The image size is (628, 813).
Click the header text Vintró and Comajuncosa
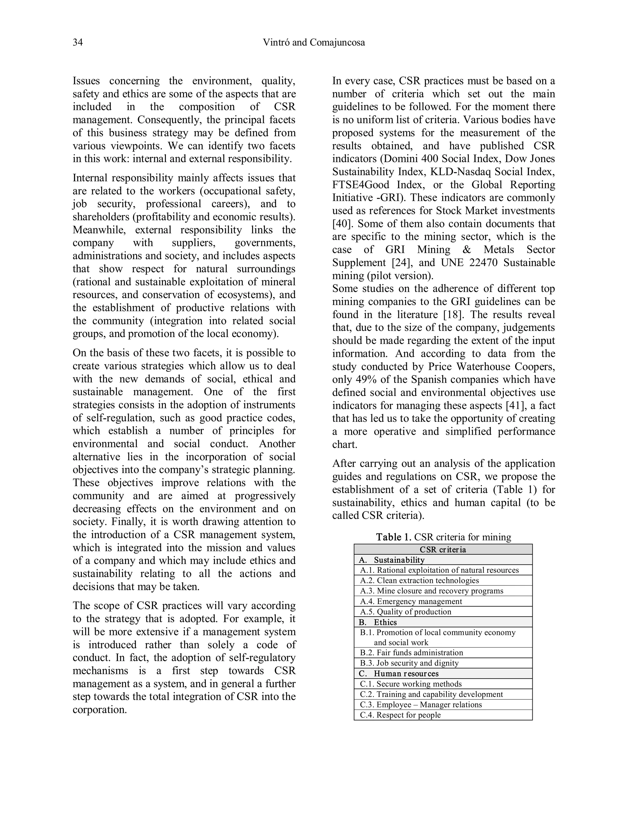click(314, 42)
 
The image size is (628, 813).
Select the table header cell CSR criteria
click(443, 549)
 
